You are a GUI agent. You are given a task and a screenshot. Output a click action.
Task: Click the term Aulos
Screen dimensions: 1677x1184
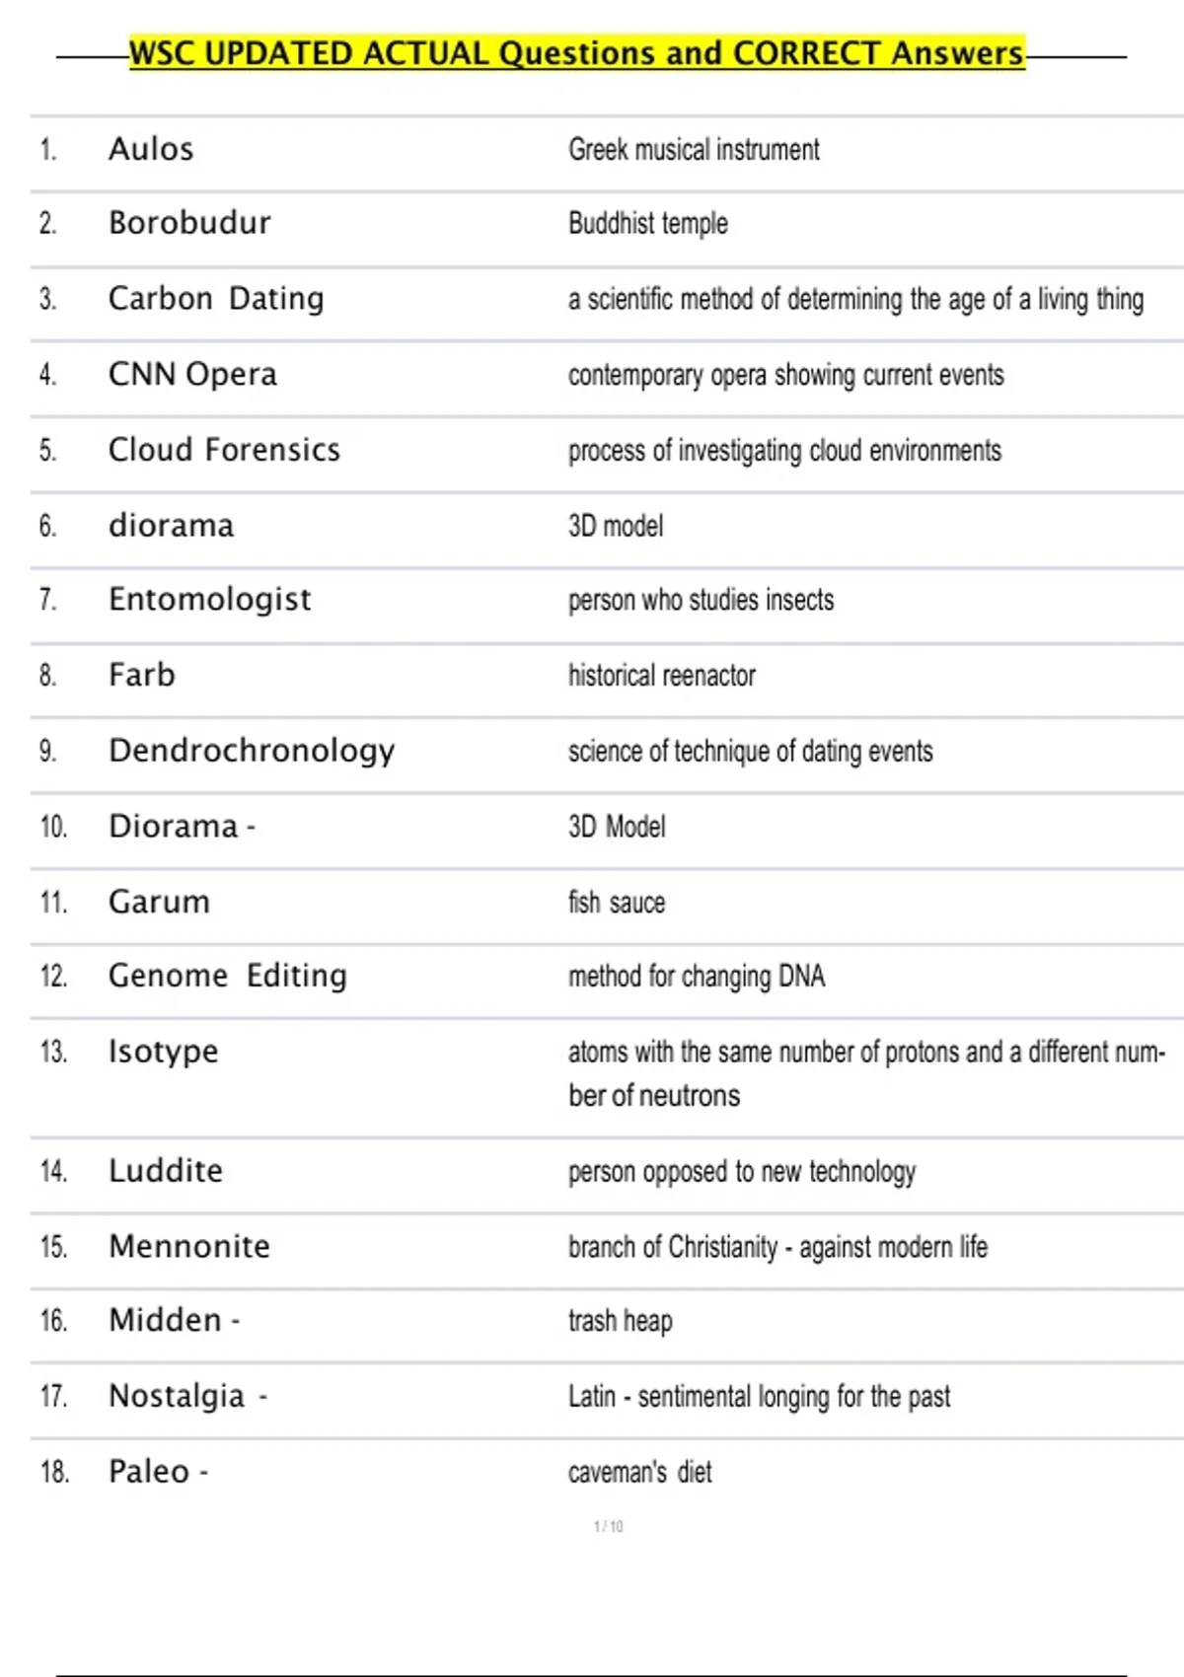click(x=151, y=149)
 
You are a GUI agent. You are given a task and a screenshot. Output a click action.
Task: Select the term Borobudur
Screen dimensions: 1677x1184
click(x=189, y=223)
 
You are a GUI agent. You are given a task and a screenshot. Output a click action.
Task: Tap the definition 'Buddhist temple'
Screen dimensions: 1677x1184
click(x=647, y=224)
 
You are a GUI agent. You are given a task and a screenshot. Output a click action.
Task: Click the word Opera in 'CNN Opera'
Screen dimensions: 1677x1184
click(x=231, y=375)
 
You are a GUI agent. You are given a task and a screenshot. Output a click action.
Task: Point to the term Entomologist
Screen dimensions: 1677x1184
click(x=209, y=600)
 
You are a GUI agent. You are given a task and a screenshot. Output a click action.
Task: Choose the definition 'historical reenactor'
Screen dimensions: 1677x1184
click(x=661, y=676)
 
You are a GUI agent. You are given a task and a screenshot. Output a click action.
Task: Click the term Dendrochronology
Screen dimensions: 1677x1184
click(x=252, y=751)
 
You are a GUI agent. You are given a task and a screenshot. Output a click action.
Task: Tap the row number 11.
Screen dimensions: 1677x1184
click(x=53, y=903)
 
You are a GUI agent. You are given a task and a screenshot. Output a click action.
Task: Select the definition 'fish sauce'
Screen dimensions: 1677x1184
click(x=616, y=903)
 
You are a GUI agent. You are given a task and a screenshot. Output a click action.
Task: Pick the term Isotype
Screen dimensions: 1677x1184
click(x=163, y=1053)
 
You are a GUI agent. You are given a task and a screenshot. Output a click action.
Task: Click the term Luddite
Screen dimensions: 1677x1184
click(x=166, y=1171)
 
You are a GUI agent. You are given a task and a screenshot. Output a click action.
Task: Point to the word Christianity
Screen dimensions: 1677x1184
click(x=723, y=1247)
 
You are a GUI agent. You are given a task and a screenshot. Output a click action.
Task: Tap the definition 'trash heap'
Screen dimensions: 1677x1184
click(x=620, y=1321)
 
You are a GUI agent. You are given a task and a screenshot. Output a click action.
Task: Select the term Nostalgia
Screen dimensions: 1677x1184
click(x=177, y=1397)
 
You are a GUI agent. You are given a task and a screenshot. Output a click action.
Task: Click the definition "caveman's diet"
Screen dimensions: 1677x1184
click(x=639, y=1473)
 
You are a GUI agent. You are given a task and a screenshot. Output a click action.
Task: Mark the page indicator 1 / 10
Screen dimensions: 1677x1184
click(x=608, y=1527)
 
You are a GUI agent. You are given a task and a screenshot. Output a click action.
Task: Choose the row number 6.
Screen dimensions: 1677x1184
click(x=47, y=526)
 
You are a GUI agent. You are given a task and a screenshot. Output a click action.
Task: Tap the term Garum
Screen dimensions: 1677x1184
click(x=159, y=903)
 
